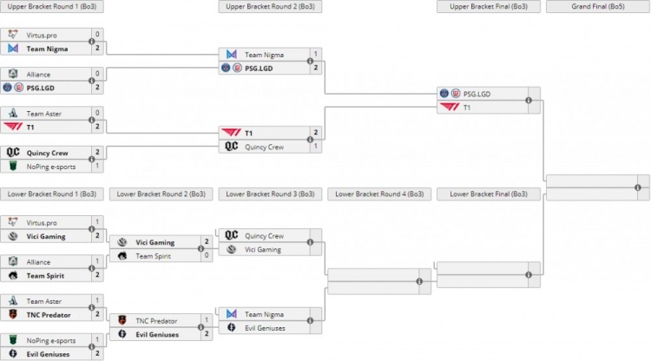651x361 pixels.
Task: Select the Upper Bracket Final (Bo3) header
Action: coord(489,6)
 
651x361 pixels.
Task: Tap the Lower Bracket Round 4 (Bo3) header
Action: coord(379,194)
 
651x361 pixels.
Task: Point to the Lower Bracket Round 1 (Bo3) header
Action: coord(51,194)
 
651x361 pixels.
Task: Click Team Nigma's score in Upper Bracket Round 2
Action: coord(316,54)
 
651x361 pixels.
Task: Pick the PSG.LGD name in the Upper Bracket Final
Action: coord(478,94)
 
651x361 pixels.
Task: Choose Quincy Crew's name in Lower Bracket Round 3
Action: coord(264,235)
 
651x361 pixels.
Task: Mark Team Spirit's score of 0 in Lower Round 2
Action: coord(207,255)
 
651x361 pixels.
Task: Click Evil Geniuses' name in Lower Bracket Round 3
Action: coord(265,328)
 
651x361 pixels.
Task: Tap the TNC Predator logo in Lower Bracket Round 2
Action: coord(122,320)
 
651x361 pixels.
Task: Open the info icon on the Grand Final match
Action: coord(638,187)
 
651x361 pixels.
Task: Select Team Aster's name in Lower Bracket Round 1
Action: coord(43,301)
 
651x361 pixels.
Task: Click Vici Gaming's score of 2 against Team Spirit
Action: coord(207,242)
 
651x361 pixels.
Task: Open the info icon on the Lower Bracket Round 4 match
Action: coord(419,281)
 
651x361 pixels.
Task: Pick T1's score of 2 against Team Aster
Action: coord(97,127)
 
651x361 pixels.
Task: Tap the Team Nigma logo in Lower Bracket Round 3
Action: coord(232,314)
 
